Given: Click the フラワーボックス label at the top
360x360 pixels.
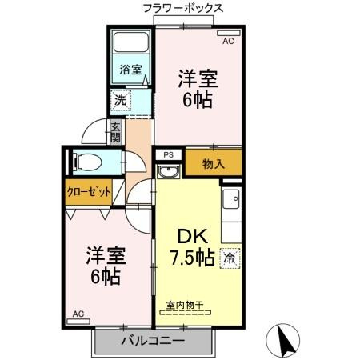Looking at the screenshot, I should coord(182,8).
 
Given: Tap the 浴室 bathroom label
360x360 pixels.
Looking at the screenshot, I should coord(131,70).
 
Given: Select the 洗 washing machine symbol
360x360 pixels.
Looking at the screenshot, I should coord(119,102).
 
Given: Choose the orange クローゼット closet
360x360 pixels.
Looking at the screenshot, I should coord(89,192).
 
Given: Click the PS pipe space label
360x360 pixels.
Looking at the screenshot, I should coord(169,154).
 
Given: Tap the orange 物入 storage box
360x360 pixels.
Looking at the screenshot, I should coord(213,165).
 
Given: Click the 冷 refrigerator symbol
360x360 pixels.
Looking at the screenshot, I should coord(230,258).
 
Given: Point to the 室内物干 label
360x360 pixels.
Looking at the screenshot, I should coord(185,305).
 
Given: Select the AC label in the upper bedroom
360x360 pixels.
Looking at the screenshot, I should coord(227,39).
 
